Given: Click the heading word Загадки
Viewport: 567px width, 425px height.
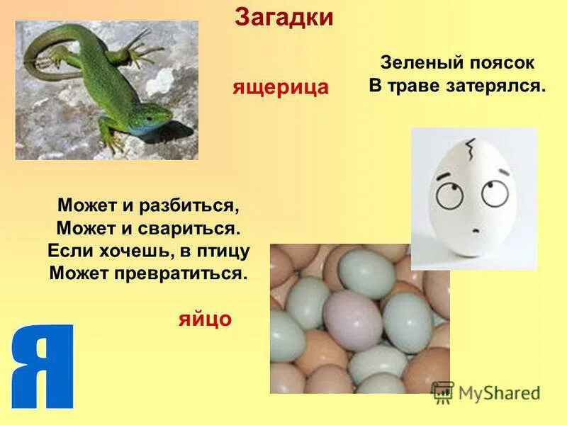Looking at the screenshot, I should [283, 17].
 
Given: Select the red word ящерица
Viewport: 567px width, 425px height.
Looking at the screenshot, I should [281, 87].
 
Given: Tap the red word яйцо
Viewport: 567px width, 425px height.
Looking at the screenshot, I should [204, 319].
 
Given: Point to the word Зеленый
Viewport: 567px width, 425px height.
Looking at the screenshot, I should [417, 63].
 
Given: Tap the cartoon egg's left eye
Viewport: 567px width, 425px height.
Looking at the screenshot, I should [449, 193].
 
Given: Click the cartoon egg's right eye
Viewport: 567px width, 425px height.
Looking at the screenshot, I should [493, 191].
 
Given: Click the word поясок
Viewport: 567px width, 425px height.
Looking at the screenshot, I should [500, 63].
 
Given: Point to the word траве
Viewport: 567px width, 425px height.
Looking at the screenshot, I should [419, 86].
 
